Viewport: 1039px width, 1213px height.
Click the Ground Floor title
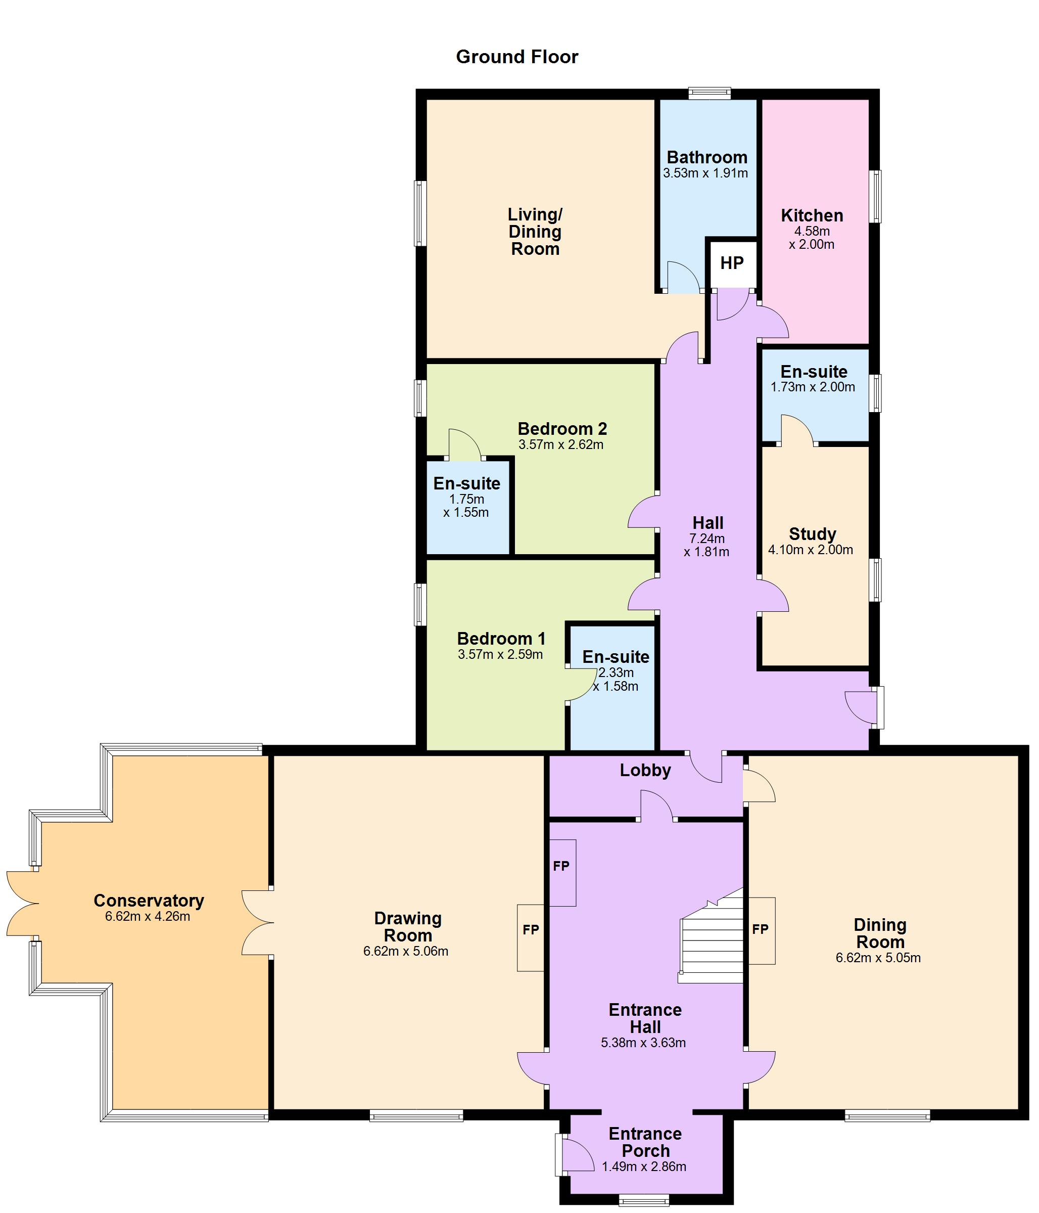pos(516,57)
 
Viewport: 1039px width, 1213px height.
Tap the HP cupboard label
pos(731,263)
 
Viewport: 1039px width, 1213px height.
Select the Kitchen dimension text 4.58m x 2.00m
pos(812,238)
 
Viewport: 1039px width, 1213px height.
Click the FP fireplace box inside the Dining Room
pos(761,929)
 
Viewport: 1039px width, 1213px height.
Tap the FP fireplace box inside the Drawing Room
pos(531,929)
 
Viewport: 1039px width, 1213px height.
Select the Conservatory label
pos(149,901)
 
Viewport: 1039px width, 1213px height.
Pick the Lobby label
pos(645,771)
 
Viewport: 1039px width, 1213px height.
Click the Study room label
pos(812,534)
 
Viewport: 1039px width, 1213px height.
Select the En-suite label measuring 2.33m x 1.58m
pos(616,657)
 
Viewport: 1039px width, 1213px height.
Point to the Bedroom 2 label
pos(562,429)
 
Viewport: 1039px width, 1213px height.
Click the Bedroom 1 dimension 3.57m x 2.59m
pos(500,654)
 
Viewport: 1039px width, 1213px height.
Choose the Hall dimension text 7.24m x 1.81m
pos(706,545)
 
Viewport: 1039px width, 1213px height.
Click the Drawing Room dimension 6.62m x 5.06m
pos(405,951)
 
